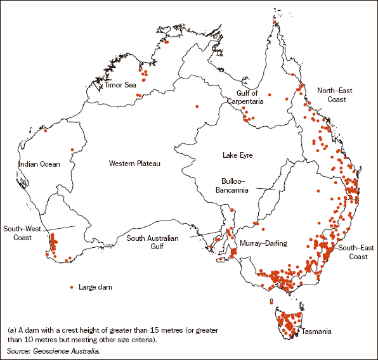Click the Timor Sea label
120,84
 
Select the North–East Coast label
334,94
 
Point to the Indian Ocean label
39,164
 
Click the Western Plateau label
134,164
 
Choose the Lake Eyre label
238,155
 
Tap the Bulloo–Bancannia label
240,184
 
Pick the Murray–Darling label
263,243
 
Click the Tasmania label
314,331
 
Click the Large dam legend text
95,287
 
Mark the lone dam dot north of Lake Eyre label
197,106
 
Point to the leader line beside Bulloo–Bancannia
265,188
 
